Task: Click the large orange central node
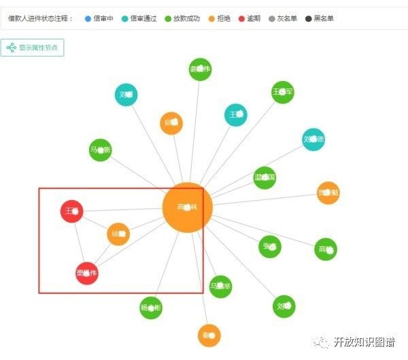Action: click(188, 208)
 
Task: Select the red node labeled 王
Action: click(72, 212)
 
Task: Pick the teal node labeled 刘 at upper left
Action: click(126, 95)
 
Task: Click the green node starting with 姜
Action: click(200, 69)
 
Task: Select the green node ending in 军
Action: click(282, 92)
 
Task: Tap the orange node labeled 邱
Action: click(171, 123)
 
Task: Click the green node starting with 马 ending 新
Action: click(100, 150)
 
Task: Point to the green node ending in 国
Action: click(265, 178)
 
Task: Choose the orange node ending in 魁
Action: click(328, 193)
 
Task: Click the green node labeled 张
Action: click(270, 246)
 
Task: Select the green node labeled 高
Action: click(326, 250)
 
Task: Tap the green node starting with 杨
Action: click(151, 307)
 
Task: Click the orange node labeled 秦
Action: click(209, 335)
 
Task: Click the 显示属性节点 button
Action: click(33, 48)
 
